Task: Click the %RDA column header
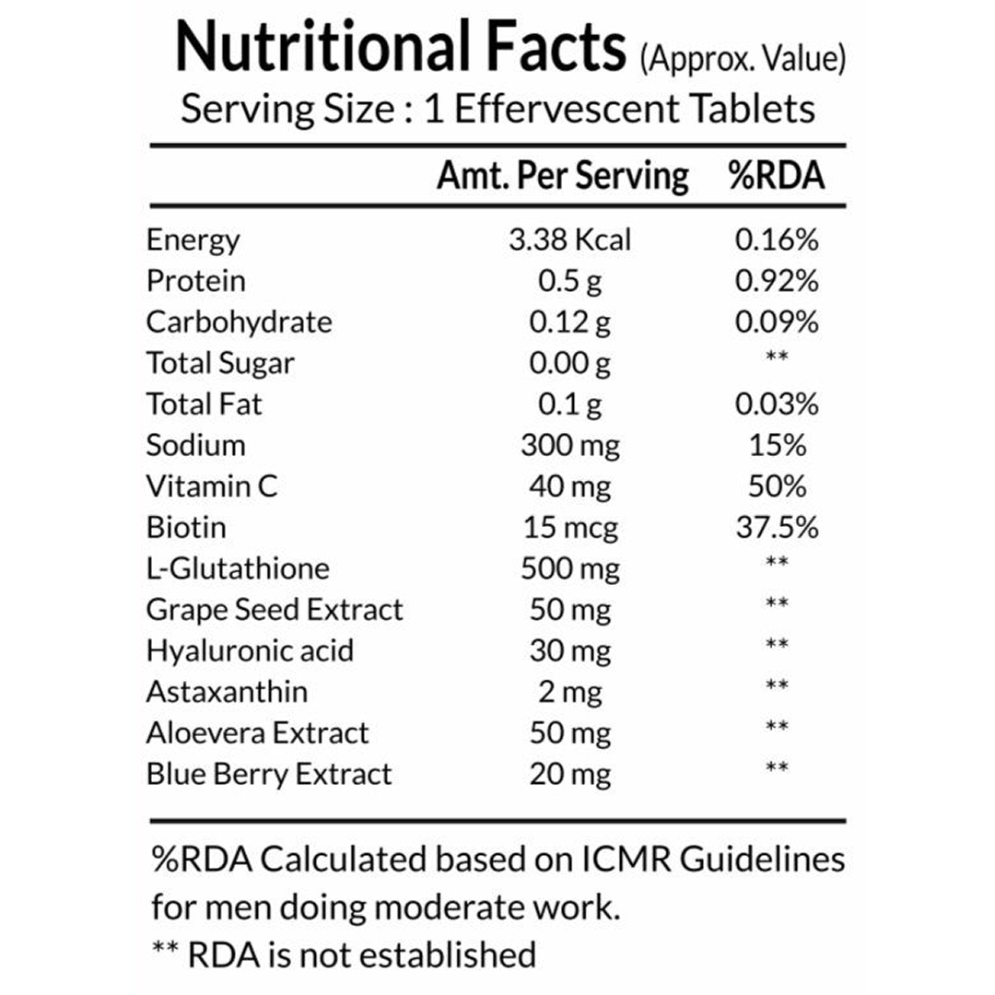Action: pyautogui.click(x=776, y=175)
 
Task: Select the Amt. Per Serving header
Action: pyautogui.click(x=562, y=175)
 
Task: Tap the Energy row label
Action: pyautogui.click(x=193, y=240)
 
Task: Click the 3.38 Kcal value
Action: pyautogui.click(x=570, y=240)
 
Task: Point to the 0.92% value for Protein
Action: pyautogui.click(x=777, y=281)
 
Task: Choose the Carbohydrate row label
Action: pyautogui.click(x=239, y=322)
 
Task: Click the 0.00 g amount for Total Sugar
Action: pyautogui.click(x=570, y=363)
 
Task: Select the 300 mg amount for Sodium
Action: pyautogui.click(x=570, y=446)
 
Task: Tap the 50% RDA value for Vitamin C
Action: pyautogui.click(x=777, y=486)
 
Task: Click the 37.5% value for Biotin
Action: pyautogui.click(x=777, y=528)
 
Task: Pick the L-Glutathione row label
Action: pyautogui.click(x=238, y=568)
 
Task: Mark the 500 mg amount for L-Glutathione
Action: pyautogui.click(x=570, y=568)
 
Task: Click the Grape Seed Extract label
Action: pyautogui.click(x=275, y=610)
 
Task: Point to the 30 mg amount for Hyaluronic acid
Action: pyautogui.click(x=570, y=651)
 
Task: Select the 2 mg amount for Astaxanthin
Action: pyautogui.click(x=570, y=692)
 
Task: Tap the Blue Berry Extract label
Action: pyautogui.click(x=269, y=774)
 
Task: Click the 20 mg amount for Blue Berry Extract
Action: pyautogui.click(x=570, y=774)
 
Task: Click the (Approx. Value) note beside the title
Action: pyautogui.click(x=742, y=60)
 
